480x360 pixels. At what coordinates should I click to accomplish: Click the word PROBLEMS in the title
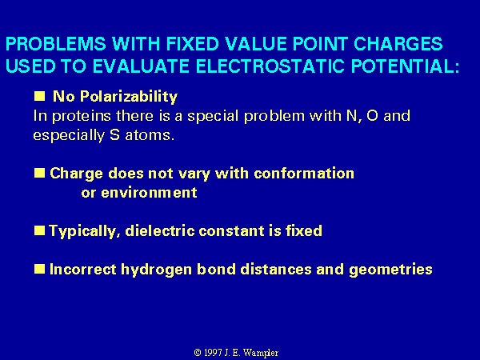tap(56, 44)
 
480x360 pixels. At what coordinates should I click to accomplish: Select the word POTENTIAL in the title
tap(406, 66)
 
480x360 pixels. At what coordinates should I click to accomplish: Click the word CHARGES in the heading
tap(398, 44)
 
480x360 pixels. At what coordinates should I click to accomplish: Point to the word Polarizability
tap(129, 97)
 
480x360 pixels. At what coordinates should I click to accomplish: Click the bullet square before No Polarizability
tap(39, 96)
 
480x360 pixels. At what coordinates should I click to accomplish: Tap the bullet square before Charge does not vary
tap(39, 173)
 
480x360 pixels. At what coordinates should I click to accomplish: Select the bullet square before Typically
tap(39, 230)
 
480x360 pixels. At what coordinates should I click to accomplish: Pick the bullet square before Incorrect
tap(39, 269)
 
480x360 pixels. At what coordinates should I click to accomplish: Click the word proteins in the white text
tap(81, 116)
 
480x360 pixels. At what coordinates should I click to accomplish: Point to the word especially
tap(69, 136)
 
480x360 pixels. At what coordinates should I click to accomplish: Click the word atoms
tap(150, 135)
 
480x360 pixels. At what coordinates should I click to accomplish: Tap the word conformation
tap(304, 174)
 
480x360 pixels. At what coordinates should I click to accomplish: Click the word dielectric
tap(160, 230)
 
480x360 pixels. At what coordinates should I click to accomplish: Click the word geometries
tap(390, 270)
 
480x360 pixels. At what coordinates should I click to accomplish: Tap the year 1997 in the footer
tap(213, 353)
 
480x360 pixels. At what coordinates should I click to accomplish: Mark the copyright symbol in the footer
tap(198, 353)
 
